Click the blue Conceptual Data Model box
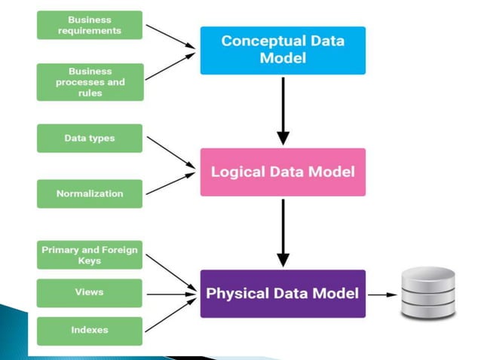tap(283, 50)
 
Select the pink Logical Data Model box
tap(283, 172)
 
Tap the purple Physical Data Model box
tap(283, 294)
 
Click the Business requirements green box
tap(89, 25)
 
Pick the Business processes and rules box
tap(89, 81)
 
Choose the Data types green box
tap(89, 139)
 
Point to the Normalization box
tap(89, 194)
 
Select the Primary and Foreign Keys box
tap(89, 255)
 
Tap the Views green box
tap(89, 292)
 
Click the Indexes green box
tap(89, 330)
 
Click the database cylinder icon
tap(428, 294)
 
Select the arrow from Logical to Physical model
tap(283, 233)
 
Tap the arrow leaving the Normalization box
tap(170, 185)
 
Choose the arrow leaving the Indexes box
tap(170, 316)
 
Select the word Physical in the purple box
tap(240, 294)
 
